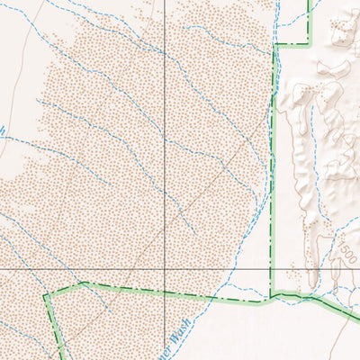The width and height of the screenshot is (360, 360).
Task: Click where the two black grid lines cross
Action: click(x=165, y=269)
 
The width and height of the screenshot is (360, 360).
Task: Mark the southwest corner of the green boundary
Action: click(x=45, y=294)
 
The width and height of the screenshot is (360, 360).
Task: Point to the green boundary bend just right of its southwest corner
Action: click(x=82, y=284)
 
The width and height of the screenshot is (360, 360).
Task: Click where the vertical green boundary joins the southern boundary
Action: click(x=273, y=294)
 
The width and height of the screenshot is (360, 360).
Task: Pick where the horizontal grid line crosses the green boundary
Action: click(x=273, y=269)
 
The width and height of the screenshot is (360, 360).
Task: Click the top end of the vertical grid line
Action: click(x=165, y=1)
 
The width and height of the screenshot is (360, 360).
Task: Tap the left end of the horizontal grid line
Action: click(x=1, y=269)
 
